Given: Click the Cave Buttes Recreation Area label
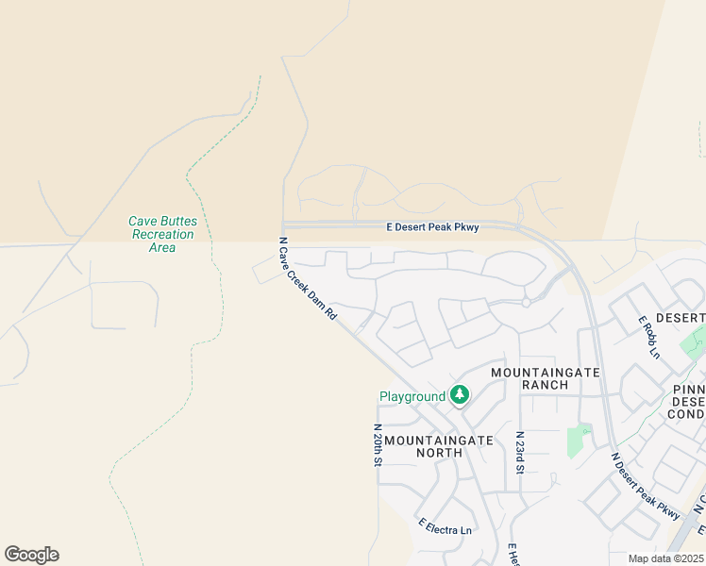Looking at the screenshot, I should (162, 234).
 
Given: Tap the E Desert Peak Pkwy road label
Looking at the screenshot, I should (433, 227).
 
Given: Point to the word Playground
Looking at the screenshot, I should (412, 397).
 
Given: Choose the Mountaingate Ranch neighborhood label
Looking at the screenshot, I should (546, 378).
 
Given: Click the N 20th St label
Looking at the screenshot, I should (377, 444).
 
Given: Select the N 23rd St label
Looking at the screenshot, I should (519, 452).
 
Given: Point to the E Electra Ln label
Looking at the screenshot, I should (445, 530).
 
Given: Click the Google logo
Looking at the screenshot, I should (31, 555).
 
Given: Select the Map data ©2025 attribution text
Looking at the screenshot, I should (664, 558).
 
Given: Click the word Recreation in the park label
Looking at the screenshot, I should (162, 234).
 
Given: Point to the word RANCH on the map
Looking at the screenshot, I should (546, 385).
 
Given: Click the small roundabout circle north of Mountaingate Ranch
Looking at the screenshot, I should (526, 303).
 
